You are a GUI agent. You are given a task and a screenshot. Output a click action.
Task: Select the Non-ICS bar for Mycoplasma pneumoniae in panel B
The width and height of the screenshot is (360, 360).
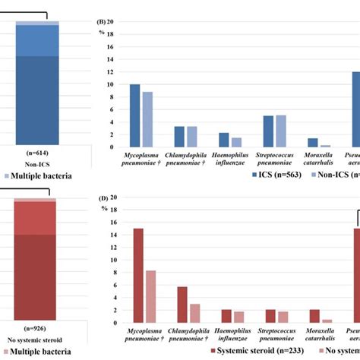[147, 119]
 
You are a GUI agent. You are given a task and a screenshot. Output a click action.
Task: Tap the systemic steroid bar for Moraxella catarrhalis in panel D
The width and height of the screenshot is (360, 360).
[314, 316]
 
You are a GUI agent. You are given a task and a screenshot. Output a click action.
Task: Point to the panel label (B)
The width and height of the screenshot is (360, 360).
[101, 23]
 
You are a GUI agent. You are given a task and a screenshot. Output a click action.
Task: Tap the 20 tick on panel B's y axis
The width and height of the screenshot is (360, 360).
[111, 22]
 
